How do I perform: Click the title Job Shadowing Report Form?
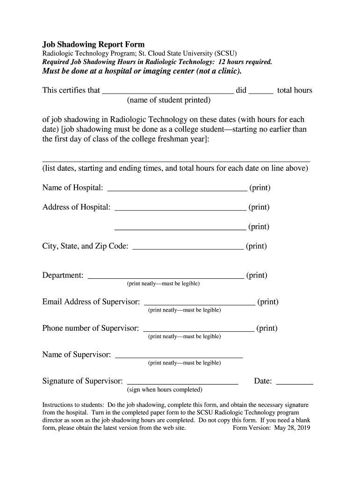(x=94, y=45)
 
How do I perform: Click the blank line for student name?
(x=167, y=91)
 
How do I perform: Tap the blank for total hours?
(x=261, y=91)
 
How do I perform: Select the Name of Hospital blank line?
(x=177, y=189)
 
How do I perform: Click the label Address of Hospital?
(x=77, y=207)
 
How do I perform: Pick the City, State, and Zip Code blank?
(x=188, y=247)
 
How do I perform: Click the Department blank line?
(x=166, y=276)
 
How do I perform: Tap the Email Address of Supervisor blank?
(x=199, y=302)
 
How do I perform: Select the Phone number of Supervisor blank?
(x=199, y=329)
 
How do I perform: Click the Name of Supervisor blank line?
(x=179, y=356)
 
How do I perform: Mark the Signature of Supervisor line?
(x=183, y=382)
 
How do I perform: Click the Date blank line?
(x=295, y=382)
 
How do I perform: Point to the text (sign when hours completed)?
(x=165, y=390)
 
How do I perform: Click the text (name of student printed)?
(x=169, y=101)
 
